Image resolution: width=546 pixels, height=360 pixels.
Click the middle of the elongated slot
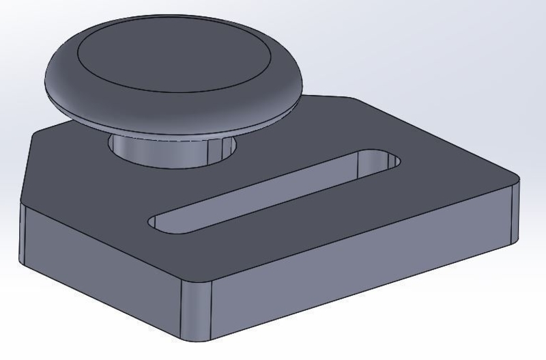(x=273, y=191)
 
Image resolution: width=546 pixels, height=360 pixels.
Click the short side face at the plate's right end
(x=515, y=212)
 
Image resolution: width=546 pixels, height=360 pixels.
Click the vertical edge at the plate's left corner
(x=23, y=232)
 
